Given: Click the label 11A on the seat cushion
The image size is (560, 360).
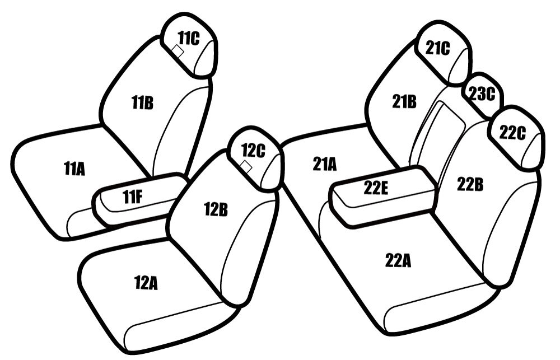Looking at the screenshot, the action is click(x=74, y=169).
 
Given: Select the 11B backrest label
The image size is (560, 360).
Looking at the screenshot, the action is click(x=142, y=103).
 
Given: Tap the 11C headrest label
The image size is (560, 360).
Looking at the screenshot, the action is click(x=189, y=38).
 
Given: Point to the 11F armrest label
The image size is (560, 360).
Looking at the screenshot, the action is click(x=133, y=197).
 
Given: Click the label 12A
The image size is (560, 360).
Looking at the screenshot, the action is click(x=146, y=283).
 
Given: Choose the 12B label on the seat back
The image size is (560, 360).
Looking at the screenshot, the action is click(x=216, y=209).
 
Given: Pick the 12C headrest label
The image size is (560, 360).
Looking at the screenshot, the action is click(x=253, y=151).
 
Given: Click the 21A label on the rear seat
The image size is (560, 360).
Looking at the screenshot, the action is click(x=325, y=164).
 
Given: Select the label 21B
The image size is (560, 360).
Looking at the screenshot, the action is click(x=404, y=102).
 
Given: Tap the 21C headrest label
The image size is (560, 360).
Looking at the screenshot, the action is click(x=438, y=48).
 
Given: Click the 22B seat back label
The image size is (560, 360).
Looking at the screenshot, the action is click(x=470, y=185).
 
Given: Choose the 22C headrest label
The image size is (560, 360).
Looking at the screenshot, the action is click(x=512, y=133).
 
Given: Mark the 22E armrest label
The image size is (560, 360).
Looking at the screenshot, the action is click(x=376, y=188).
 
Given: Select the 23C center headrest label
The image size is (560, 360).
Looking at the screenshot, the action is click(x=482, y=93).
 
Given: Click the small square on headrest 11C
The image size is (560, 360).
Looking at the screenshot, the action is click(x=178, y=52).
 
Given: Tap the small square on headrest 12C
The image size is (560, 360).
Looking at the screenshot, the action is click(x=246, y=166).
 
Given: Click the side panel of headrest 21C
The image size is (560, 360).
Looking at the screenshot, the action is click(x=460, y=67).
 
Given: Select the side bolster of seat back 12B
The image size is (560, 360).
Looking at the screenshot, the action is click(x=250, y=250).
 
